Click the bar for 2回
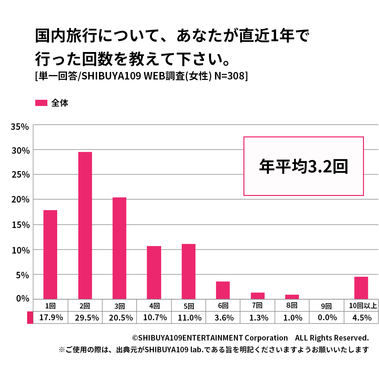point(85,225)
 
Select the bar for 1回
point(50,254)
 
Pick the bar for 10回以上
point(361,288)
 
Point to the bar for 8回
point(292,297)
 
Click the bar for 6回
point(223,290)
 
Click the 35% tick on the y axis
point(20,127)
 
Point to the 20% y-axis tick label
point(20,200)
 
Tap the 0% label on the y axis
point(22,299)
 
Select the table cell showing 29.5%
point(87,318)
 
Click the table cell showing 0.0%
point(327,318)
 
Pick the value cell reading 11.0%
point(189,318)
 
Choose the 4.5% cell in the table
point(362,318)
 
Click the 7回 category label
point(257,306)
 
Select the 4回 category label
point(155,306)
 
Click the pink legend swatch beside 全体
point(41,103)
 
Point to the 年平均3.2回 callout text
point(304,166)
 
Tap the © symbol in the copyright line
point(135,338)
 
